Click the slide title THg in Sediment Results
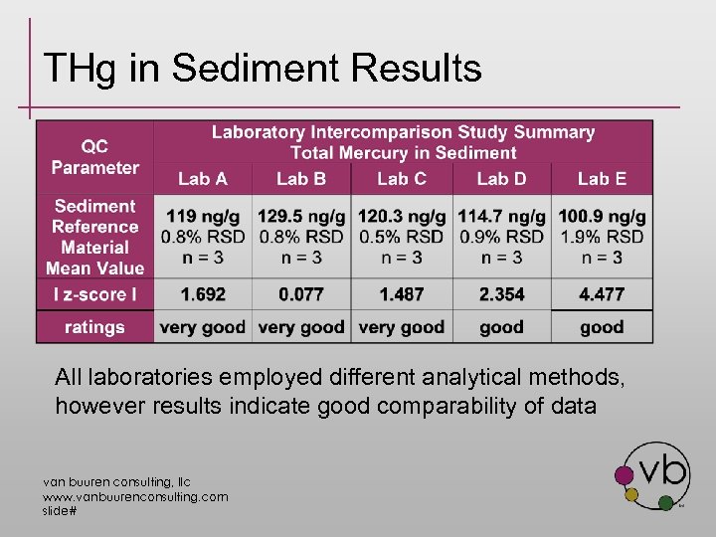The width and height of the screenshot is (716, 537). tap(263, 69)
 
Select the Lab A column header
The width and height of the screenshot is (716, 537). tap(203, 179)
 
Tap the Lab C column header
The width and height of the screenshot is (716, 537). tap(402, 179)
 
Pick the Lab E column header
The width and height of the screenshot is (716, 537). tap(602, 179)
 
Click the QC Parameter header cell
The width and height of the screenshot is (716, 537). tap(95, 157)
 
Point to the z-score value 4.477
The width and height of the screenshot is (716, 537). tap(602, 294)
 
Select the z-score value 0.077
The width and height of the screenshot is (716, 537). tap(301, 294)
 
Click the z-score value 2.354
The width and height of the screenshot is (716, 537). tap(501, 294)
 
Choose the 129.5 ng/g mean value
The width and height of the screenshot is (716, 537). tap(301, 216)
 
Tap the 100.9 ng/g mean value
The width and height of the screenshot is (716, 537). tap(602, 216)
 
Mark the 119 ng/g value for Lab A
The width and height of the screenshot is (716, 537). tap(203, 216)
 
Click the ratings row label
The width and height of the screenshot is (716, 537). tap(95, 327)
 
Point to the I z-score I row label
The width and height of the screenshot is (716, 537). tap(95, 294)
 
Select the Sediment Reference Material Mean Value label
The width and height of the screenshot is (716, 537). tap(95, 237)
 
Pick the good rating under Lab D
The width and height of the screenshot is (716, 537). tap(501, 327)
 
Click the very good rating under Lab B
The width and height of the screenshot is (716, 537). tap(301, 327)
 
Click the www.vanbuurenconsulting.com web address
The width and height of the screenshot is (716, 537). tap(134, 495)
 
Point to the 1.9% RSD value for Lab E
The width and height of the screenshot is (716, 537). tap(602, 237)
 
